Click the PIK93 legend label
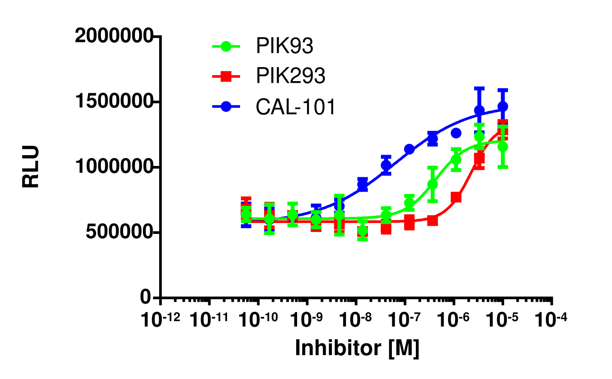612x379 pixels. (284, 46)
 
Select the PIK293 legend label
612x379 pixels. (291, 76)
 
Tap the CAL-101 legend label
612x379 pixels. (296, 107)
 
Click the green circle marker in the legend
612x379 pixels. (226, 46)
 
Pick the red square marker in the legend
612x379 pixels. (226, 76)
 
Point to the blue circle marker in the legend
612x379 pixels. (226, 107)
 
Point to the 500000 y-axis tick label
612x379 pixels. (118, 232)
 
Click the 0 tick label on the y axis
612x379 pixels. (145, 298)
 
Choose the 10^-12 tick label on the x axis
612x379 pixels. (161, 320)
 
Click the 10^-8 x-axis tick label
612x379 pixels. (356, 320)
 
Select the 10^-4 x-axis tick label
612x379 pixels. (552, 320)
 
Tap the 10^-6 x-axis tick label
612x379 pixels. (454, 320)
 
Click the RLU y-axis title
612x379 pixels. (31, 167)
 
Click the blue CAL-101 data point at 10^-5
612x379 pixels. (503, 106)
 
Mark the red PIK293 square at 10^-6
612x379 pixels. (456, 197)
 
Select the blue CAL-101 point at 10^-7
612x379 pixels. (409, 149)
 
